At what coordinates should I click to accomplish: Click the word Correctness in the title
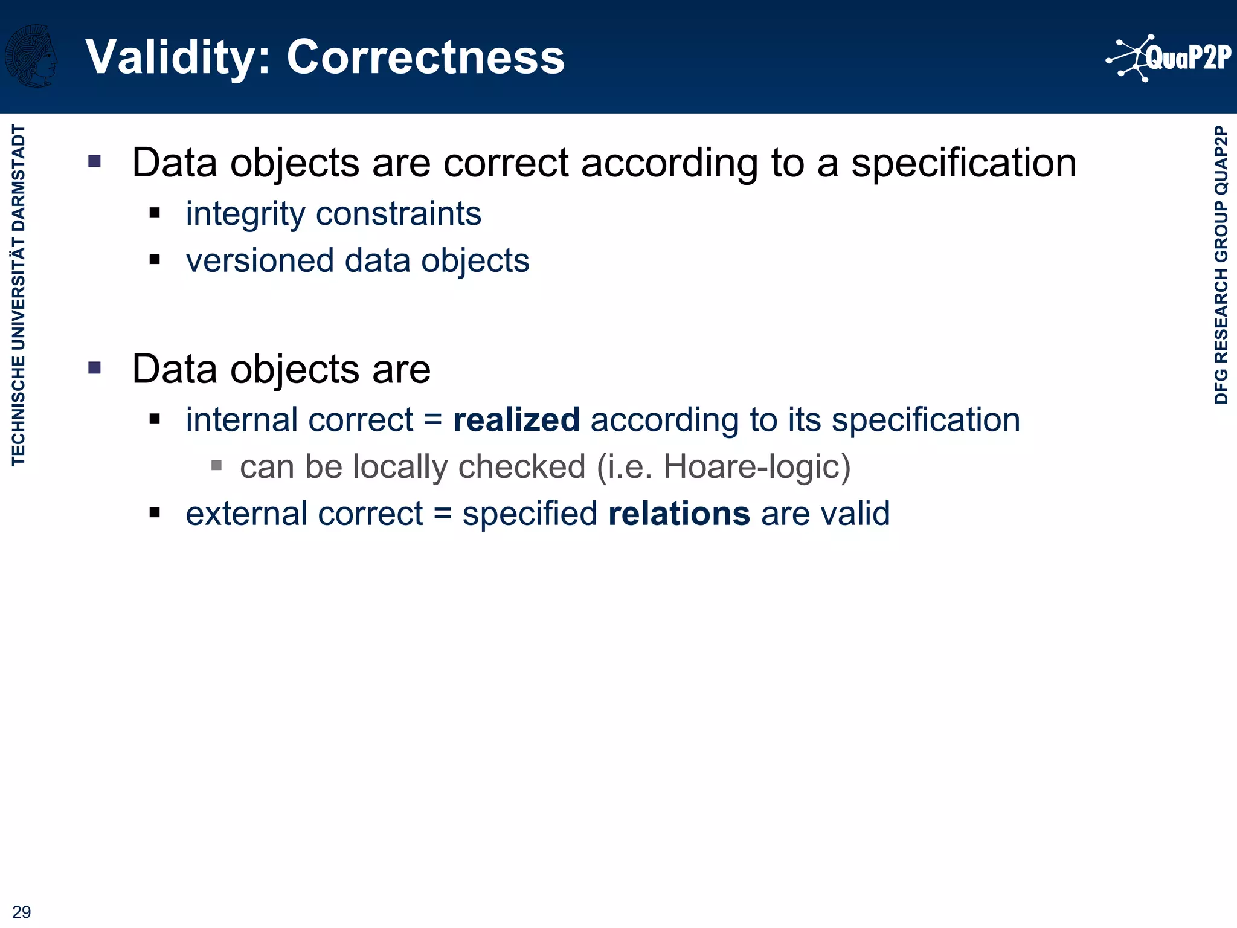pyautogui.click(x=425, y=57)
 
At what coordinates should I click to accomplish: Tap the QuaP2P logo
pyautogui.click(x=1169, y=58)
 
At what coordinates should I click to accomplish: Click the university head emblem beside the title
pyautogui.click(x=31, y=56)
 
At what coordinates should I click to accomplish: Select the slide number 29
pyautogui.click(x=22, y=912)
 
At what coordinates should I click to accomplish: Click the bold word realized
pyautogui.click(x=516, y=420)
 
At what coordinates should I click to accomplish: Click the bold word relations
pyautogui.click(x=679, y=514)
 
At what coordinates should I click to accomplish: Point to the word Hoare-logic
pyautogui.click(x=756, y=467)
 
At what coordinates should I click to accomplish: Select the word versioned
pyautogui.click(x=260, y=261)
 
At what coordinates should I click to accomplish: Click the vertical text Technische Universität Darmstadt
pyautogui.click(x=19, y=295)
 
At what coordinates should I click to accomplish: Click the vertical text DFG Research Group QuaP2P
pyautogui.click(x=1221, y=265)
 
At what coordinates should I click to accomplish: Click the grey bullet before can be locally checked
pyautogui.click(x=216, y=465)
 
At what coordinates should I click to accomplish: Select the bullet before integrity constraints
pyautogui.click(x=155, y=213)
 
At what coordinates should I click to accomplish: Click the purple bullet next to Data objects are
pyautogui.click(x=94, y=367)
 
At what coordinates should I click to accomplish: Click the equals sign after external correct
pyautogui.click(x=442, y=514)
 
